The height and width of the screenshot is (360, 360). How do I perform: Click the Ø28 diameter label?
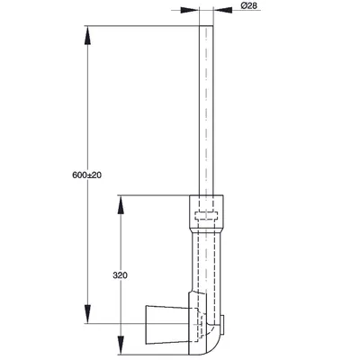coord(249,5)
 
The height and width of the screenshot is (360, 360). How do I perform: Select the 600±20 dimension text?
coord(87,175)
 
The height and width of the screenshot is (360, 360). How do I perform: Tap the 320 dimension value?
coord(120,275)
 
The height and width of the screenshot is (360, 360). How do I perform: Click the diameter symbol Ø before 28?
coord(244,5)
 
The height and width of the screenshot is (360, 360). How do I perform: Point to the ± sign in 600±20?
coord(90,175)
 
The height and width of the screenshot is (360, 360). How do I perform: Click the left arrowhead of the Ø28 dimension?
coord(190,10)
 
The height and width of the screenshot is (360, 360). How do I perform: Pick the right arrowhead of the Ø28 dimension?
coord(222,10)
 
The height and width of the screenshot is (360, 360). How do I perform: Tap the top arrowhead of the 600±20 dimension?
coord(87,35)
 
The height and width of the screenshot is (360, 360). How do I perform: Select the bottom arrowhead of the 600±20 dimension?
coord(87,314)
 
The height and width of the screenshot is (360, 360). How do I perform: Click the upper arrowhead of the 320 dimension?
coord(120,205)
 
